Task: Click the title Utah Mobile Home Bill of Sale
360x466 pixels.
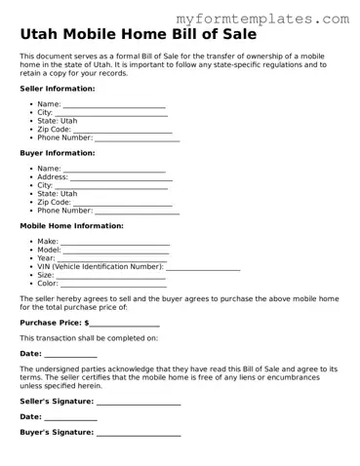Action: click(x=139, y=35)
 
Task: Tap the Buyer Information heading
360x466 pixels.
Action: click(x=58, y=153)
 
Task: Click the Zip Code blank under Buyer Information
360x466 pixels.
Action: click(x=123, y=203)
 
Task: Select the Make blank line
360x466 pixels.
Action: click(x=115, y=242)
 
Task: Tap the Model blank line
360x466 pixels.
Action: click(x=117, y=251)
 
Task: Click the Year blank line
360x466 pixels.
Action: click(x=113, y=258)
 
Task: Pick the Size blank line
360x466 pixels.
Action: click(x=111, y=275)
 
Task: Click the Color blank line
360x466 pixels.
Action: click(x=114, y=284)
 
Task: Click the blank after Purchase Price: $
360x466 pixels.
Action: click(x=125, y=323)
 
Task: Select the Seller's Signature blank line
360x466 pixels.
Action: click(x=139, y=402)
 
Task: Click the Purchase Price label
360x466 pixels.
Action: click(x=51, y=323)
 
